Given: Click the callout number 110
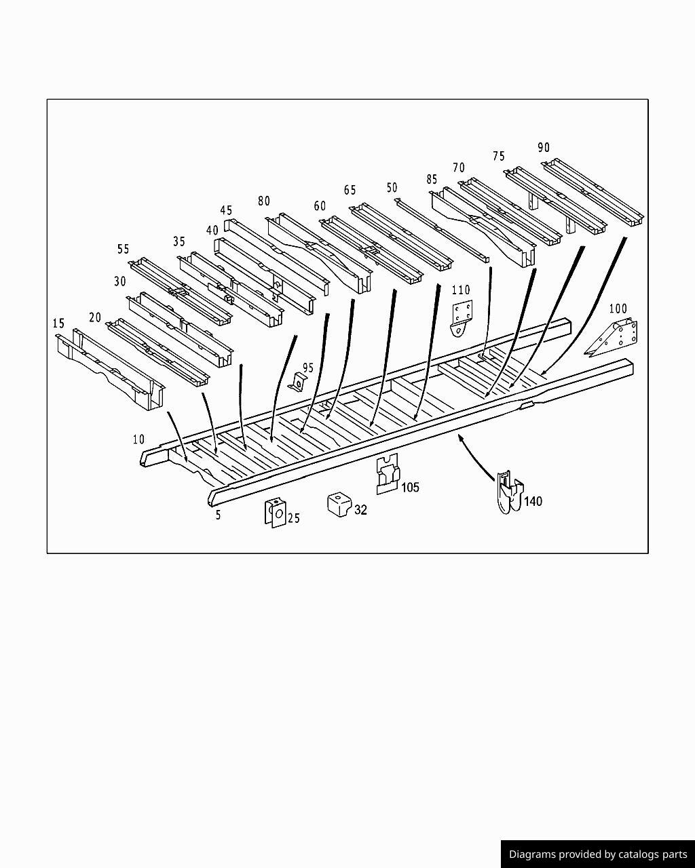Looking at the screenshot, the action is tap(461, 290).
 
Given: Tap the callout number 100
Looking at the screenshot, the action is tap(618, 309).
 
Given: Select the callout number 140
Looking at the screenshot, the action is tap(533, 501).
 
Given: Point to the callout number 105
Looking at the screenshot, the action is tap(410, 487).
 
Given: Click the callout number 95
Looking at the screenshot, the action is tap(308, 368).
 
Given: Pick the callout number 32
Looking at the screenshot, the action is tap(360, 510).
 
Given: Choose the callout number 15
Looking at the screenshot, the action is tap(58, 323).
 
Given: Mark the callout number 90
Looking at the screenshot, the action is tap(544, 147).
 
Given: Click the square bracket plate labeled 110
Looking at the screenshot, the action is tap(462, 317).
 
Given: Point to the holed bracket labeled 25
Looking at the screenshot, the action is tap(275, 513).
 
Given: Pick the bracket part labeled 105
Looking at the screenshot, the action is tap(387, 473).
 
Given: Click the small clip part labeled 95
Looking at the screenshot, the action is tap(296, 384).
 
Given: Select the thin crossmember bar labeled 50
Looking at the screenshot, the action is tap(441, 231).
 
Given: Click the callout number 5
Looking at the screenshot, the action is tap(218, 515).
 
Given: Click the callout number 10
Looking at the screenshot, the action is tap(138, 439).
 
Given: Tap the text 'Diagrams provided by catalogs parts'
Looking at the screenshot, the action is tap(597, 854).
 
